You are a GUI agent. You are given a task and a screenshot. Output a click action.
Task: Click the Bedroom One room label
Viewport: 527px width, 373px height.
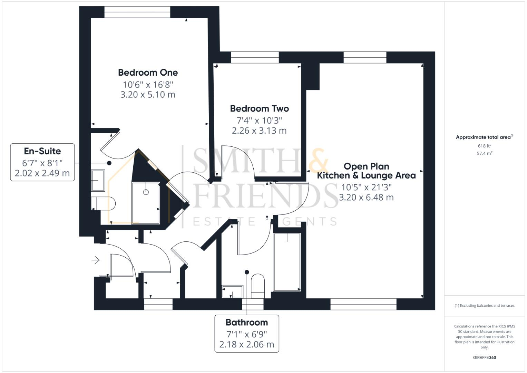click(x=148, y=73)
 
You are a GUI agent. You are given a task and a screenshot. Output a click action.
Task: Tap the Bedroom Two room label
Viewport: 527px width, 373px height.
click(x=259, y=108)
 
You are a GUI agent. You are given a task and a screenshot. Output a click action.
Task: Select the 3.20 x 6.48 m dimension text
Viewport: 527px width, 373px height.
click(x=366, y=197)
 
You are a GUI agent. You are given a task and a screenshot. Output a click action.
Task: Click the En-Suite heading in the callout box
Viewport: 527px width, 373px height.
click(x=42, y=151)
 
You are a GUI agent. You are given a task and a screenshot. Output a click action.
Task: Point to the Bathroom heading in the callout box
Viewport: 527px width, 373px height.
click(x=246, y=323)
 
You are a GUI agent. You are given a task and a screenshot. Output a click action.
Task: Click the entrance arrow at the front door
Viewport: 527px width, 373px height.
click(x=96, y=260)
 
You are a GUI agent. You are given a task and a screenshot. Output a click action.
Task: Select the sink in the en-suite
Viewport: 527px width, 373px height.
click(x=98, y=180)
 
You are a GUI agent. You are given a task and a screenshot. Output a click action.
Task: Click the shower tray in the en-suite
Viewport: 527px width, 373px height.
click(x=146, y=203)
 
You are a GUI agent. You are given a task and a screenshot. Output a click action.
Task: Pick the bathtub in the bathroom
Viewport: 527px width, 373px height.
click(x=287, y=262)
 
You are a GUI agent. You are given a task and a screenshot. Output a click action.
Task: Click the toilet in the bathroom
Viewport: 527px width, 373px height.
click(x=257, y=286)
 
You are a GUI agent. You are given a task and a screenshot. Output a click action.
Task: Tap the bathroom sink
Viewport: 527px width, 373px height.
click(x=232, y=291)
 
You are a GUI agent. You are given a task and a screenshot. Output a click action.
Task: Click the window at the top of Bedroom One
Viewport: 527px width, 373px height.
click(x=137, y=12)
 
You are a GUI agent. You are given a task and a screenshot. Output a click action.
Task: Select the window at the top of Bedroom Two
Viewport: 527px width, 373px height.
click(x=255, y=57)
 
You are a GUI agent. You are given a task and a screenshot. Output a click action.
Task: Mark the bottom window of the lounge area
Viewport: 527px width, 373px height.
click(x=363, y=304)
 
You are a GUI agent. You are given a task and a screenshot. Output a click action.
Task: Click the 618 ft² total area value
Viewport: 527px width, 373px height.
click(x=484, y=146)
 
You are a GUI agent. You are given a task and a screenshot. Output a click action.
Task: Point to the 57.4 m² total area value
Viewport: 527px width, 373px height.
click(x=484, y=153)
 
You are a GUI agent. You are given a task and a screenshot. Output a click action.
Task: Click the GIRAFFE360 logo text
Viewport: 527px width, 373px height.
click(x=484, y=357)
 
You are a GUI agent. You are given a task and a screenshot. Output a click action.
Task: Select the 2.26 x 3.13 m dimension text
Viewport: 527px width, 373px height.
click(x=259, y=131)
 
